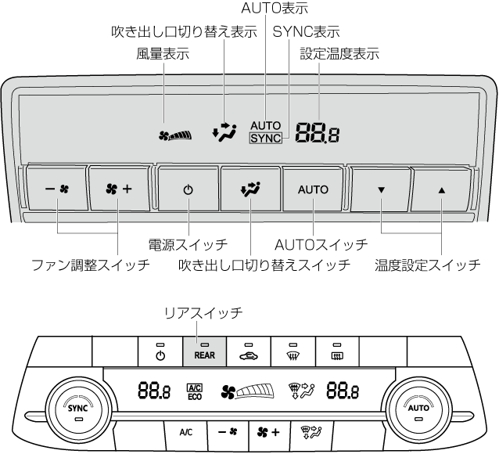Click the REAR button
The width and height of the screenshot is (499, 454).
point(205,351)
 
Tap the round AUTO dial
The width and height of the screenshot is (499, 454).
point(418,408)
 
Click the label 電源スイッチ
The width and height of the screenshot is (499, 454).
point(188,245)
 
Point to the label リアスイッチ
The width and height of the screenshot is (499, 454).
point(203,312)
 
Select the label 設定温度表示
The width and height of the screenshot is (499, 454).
point(339,55)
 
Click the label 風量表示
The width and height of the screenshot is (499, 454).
point(163,55)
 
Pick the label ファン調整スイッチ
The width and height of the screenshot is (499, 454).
point(90,265)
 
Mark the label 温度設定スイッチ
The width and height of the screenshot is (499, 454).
point(428,265)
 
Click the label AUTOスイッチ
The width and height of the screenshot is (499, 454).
point(321,245)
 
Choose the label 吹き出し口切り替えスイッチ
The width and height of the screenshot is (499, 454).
point(264,265)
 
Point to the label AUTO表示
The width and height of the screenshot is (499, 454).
point(275,9)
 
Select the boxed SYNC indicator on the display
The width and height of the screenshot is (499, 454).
point(265,139)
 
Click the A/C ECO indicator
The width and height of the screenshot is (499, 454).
point(195,391)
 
